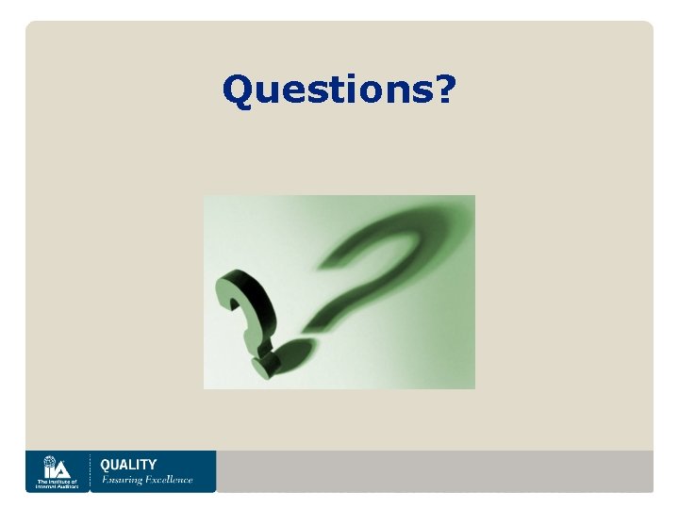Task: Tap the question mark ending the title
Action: pos(444,90)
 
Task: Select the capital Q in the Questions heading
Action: pos(237,91)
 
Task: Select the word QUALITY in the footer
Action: pos(128,464)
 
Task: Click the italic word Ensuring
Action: pos(122,480)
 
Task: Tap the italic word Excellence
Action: pos(168,480)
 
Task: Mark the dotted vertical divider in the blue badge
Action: pos(90,471)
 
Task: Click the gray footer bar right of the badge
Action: pos(434,470)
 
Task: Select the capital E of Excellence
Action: pos(149,480)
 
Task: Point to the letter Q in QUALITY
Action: pos(105,464)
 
